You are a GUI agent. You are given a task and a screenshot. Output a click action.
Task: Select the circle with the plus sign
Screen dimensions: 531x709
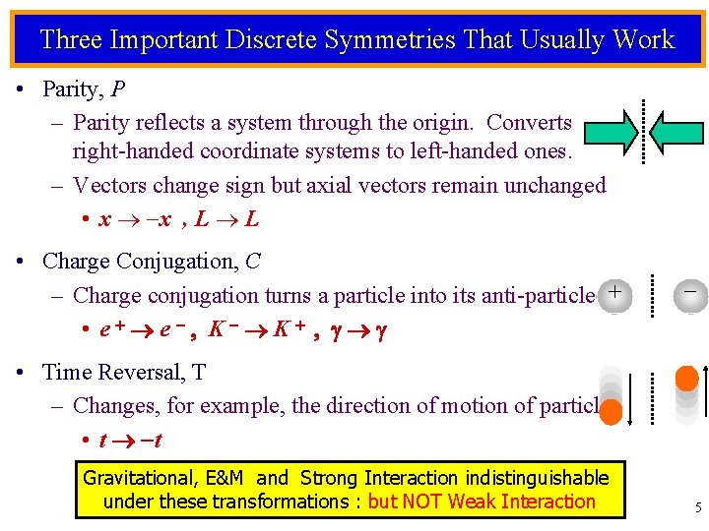pyautogui.click(x=614, y=293)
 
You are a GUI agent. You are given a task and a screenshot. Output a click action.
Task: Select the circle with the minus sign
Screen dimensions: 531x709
pyautogui.click(x=690, y=293)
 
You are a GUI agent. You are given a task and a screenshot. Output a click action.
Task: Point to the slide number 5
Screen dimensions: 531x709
pyautogui.click(x=698, y=508)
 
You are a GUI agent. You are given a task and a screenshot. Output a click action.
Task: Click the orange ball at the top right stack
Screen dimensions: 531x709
pyautogui.click(x=687, y=379)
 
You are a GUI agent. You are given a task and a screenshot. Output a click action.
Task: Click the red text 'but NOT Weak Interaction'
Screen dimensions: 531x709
pyautogui.click(x=482, y=501)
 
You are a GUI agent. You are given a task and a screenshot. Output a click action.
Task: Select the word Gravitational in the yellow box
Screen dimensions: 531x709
pyautogui.click(x=140, y=478)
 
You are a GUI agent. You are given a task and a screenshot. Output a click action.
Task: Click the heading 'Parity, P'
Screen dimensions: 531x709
pyautogui.click(x=84, y=89)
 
